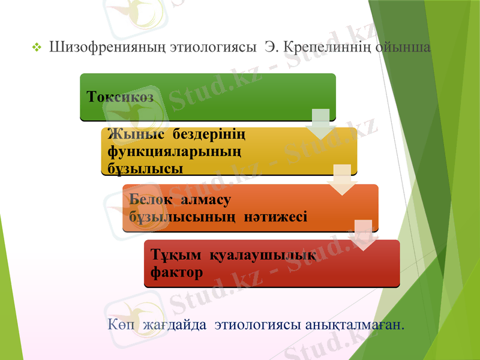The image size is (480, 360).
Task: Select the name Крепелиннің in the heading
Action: (324, 47)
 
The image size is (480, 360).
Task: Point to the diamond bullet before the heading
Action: (37, 47)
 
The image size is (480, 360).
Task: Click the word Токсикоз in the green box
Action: (120, 96)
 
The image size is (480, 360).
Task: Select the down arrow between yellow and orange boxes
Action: (343, 179)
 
